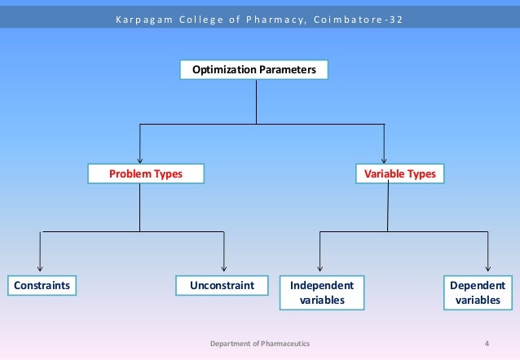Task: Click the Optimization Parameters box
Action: [253, 71]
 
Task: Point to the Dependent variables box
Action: [478, 293]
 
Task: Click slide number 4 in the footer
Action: [487, 345]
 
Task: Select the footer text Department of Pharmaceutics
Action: [260, 345]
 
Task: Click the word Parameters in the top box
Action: [287, 71]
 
